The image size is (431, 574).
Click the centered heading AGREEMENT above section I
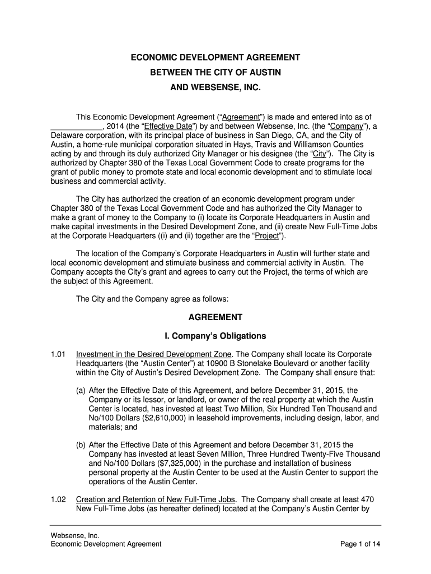click(215, 317)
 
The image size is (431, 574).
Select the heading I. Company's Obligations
click(215, 336)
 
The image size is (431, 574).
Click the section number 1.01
click(58, 354)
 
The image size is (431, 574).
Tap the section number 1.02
click(58, 499)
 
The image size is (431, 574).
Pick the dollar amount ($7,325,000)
click(186, 463)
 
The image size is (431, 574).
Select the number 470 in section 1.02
click(367, 499)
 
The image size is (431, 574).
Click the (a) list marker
click(81, 390)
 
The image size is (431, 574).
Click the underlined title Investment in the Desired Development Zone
click(153, 354)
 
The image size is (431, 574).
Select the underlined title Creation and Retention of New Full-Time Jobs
click(156, 499)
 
